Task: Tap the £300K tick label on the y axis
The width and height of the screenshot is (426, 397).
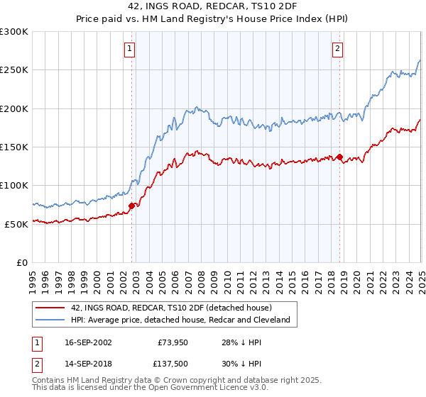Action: tap(14, 32)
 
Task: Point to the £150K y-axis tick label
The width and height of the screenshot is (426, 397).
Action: tap(14, 147)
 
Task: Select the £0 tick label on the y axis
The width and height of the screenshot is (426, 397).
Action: tap(22, 262)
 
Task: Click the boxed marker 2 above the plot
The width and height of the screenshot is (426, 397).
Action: tap(337, 49)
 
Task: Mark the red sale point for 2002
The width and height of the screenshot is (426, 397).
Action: tap(131, 206)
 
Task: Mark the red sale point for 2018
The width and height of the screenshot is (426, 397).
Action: tap(339, 157)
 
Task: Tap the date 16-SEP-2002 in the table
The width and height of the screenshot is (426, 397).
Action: tap(86, 342)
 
